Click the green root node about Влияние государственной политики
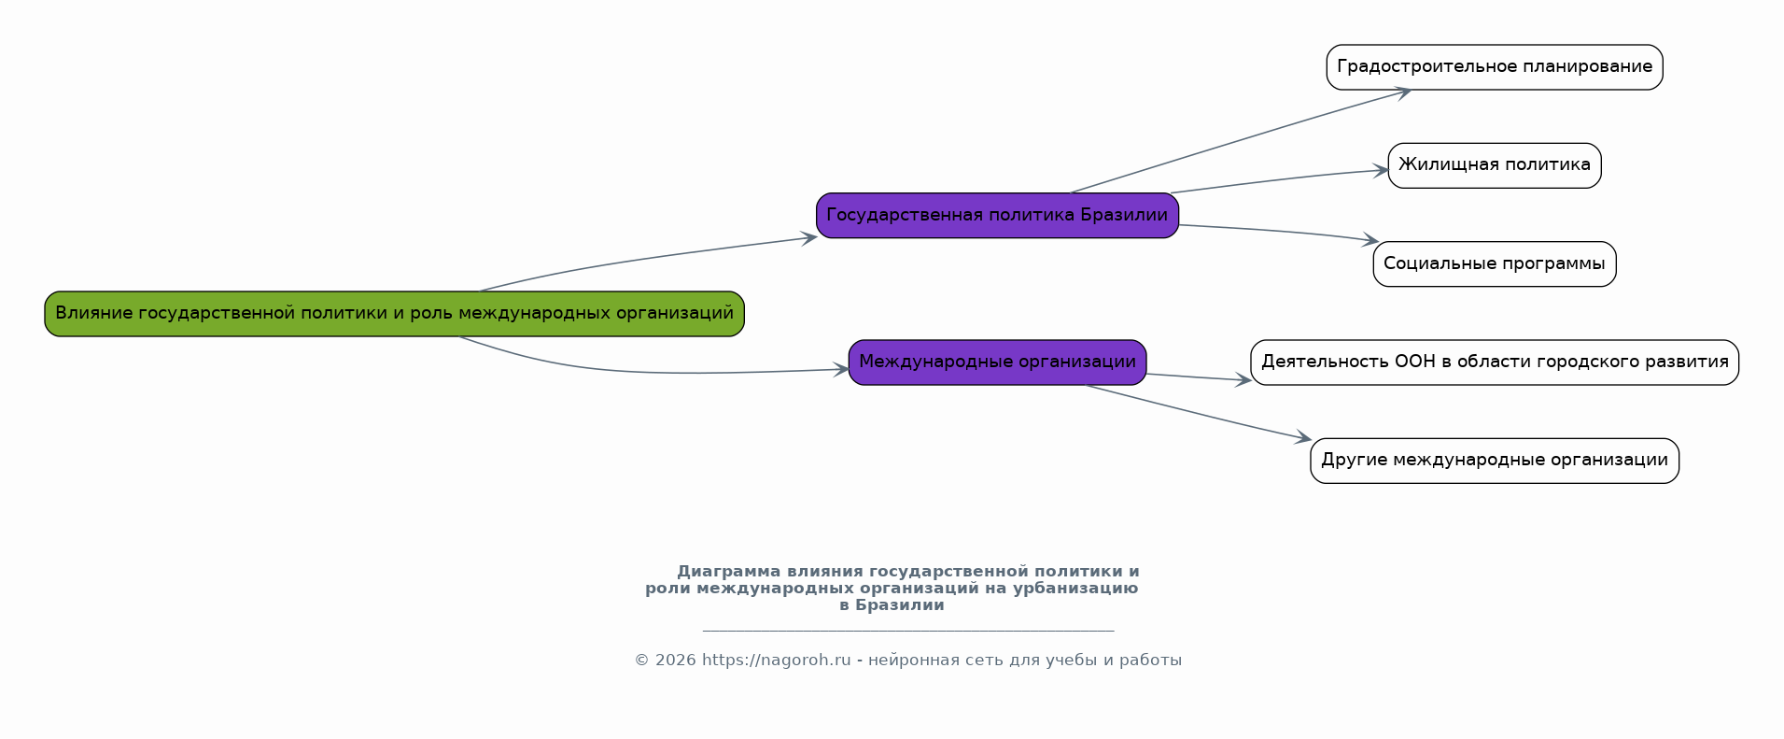click(394, 314)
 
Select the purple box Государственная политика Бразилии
click(997, 216)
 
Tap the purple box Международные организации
click(997, 362)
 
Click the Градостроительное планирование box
click(1494, 67)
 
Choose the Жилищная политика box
click(1494, 165)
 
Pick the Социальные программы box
click(1494, 264)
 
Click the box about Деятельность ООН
click(1494, 362)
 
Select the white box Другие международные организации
click(1494, 461)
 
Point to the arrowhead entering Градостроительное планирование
click(1403, 92)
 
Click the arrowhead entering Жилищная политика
click(1382, 170)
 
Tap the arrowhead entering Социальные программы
click(1371, 241)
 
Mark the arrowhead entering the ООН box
click(1243, 379)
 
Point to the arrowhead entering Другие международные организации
click(1304, 437)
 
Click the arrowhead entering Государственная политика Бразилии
click(809, 238)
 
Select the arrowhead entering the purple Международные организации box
click(841, 370)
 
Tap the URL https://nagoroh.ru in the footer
click(776, 661)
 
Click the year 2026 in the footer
click(676, 661)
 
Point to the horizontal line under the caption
click(907, 631)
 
